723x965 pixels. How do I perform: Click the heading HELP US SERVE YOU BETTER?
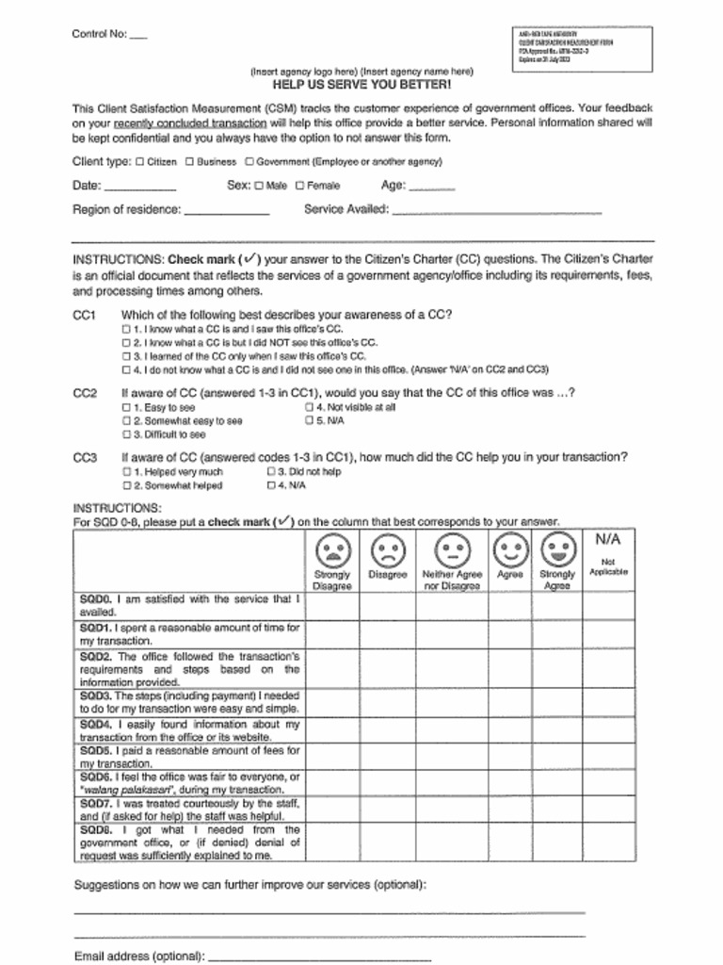(x=361, y=84)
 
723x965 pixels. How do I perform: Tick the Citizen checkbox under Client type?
(x=139, y=161)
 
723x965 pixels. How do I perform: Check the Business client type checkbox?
(x=189, y=161)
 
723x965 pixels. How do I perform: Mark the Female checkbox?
(x=299, y=186)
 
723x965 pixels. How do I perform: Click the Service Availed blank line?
(x=496, y=212)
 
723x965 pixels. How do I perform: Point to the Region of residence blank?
(x=226, y=212)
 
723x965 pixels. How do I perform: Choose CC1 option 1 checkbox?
(x=126, y=330)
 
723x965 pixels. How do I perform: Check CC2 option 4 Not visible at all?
(x=308, y=408)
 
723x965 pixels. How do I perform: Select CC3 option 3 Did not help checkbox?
(x=270, y=472)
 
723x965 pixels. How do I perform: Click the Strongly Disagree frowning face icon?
(x=332, y=548)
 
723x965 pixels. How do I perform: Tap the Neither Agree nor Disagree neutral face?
(x=452, y=548)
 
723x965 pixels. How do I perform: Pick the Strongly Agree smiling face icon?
(x=556, y=548)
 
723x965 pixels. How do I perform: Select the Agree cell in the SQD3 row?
(x=509, y=702)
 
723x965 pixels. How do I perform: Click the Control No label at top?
(x=99, y=34)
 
